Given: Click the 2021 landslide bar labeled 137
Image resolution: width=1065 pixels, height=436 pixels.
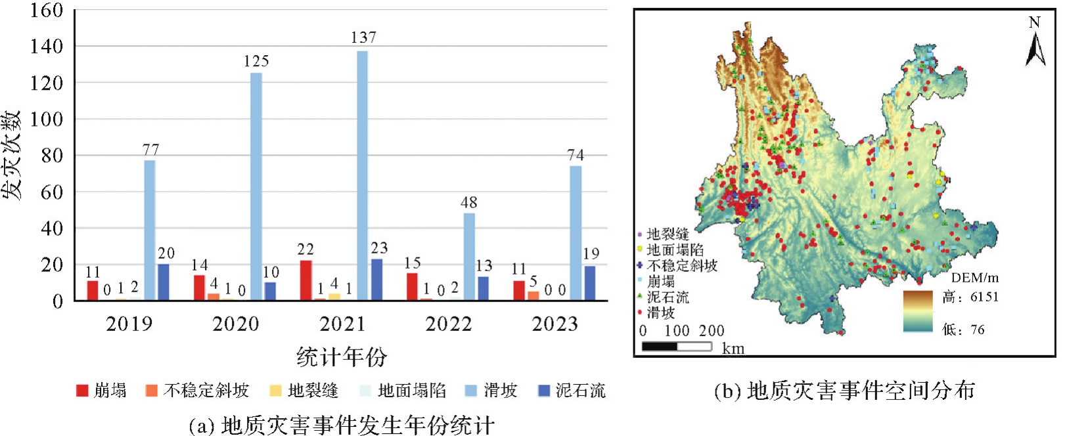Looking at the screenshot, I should (362, 175).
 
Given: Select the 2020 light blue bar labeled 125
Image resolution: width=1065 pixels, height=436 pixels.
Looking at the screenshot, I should (256, 186).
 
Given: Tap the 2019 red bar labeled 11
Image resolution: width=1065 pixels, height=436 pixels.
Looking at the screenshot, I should (93, 290).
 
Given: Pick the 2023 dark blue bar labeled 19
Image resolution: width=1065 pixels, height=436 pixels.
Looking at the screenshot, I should (590, 283).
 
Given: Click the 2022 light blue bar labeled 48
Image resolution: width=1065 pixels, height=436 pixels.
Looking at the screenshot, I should (468, 257).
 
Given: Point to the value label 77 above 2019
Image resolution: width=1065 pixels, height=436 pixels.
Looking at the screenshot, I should (150, 150).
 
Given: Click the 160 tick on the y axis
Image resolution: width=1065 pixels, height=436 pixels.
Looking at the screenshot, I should (47, 11).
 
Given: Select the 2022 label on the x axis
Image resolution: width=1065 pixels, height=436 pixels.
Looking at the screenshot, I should (448, 324).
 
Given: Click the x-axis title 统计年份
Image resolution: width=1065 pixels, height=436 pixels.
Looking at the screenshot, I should (341, 357).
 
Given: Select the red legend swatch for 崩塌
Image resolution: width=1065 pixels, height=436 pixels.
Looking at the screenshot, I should (82, 391).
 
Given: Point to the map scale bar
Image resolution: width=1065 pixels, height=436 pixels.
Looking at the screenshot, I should (676, 346).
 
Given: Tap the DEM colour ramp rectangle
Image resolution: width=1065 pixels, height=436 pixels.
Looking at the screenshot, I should (917, 311).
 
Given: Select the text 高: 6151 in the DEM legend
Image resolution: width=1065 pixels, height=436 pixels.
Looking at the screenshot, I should (970, 297).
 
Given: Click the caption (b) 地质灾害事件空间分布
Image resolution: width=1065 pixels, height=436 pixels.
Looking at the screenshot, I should (844, 391).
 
